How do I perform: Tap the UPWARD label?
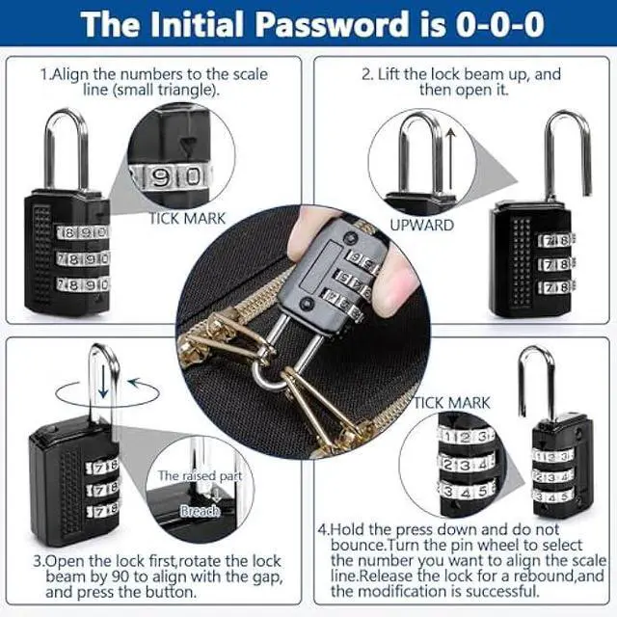pyautogui.click(x=421, y=225)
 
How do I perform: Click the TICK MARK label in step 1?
pyautogui.click(x=187, y=219)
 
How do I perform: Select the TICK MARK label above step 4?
pyautogui.click(x=452, y=402)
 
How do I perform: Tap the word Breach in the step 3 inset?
pyautogui.click(x=201, y=510)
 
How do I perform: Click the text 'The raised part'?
pyautogui.click(x=200, y=475)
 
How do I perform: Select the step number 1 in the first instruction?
pyautogui.click(x=44, y=74)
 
